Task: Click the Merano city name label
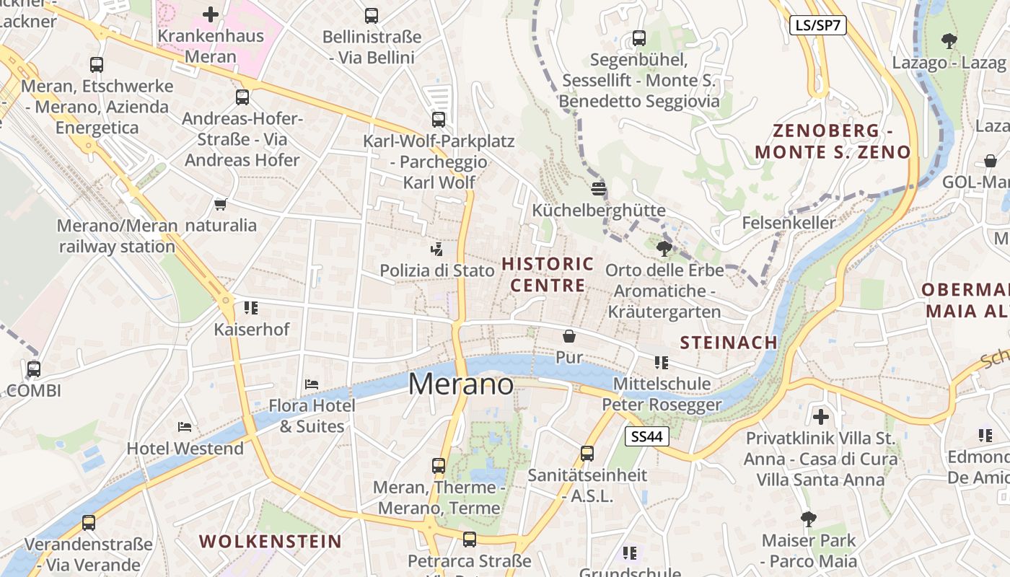coord(461,384)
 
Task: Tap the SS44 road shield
coord(647,436)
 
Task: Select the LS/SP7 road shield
coord(817,25)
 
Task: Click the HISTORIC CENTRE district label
coord(548,274)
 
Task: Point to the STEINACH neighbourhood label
coord(729,343)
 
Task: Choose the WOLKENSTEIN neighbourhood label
coord(270,541)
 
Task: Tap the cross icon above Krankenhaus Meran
coord(211,14)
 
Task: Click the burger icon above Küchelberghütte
coord(598,189)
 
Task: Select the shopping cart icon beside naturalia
coord(221,205)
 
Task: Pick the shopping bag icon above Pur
coord(569,336)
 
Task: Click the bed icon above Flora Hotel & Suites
coord(312,384)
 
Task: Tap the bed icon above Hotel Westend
coord(185,427)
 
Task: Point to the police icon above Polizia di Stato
coord(436,250)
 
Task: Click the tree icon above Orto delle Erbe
coord(664,249)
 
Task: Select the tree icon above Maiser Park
coord(809,519)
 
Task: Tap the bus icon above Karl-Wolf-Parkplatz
coord(439,120)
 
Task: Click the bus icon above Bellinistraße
coord(372,15)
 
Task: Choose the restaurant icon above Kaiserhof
coord(251,308)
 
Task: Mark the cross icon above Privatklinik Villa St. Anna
coord(820,416)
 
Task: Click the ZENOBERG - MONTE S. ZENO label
coord(833,141)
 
